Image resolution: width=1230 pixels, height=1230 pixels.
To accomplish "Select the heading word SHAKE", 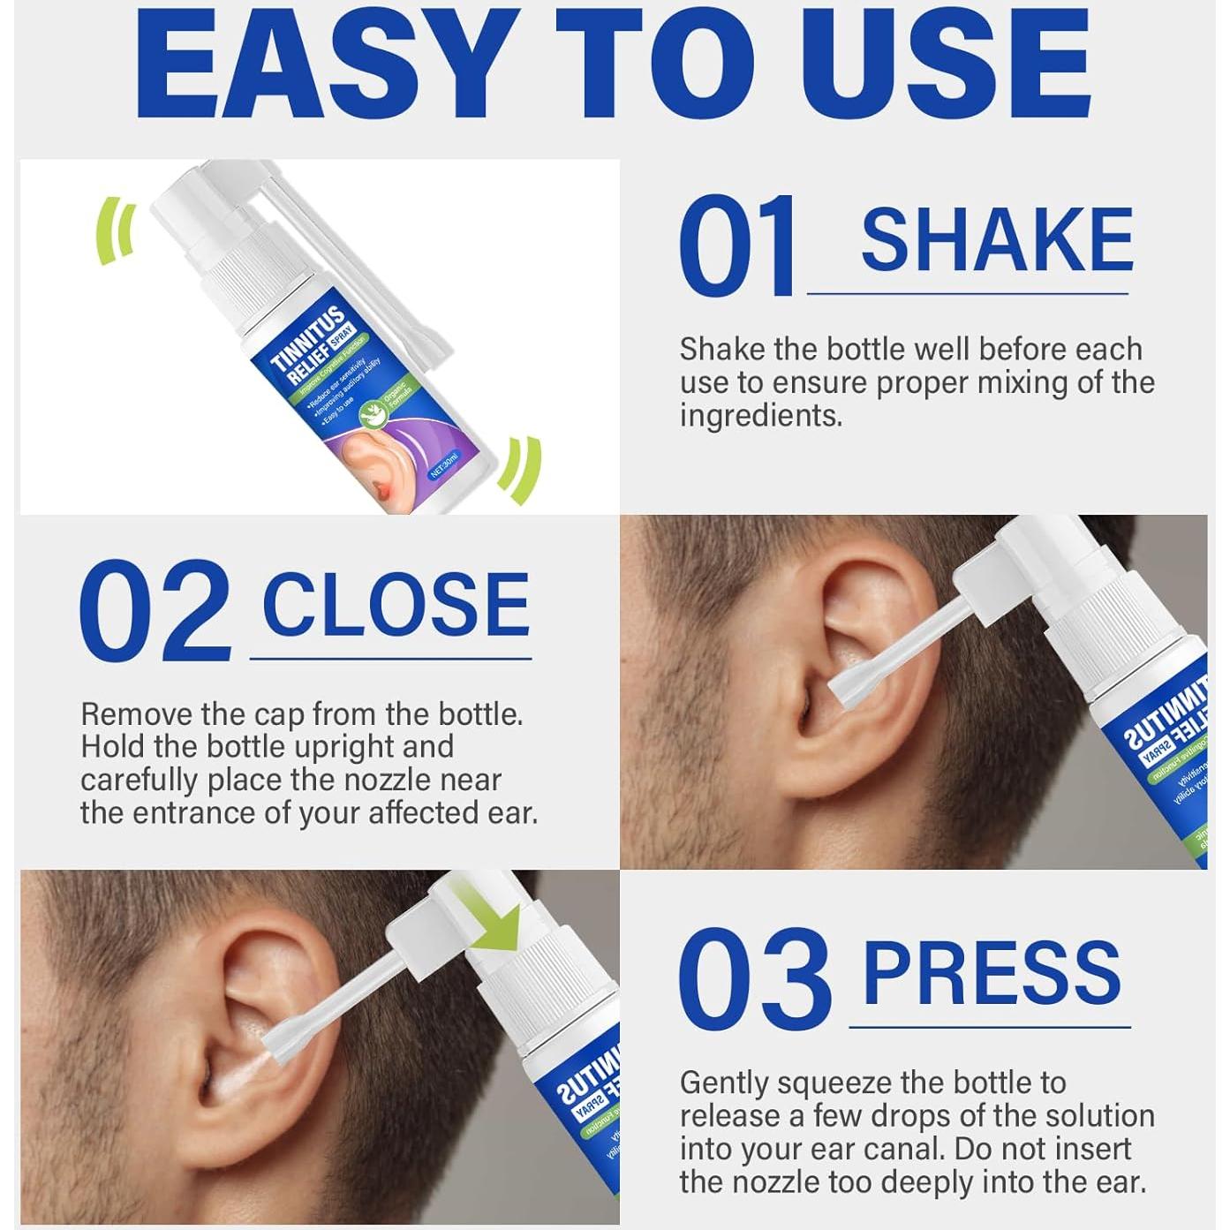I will pyautogui.click(x=997, y=240).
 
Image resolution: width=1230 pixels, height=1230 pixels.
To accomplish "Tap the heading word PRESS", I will pyautogui.click(x=992, y=971).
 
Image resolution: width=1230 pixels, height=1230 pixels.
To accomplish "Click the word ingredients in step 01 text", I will pyautogui.click(x=760, y=416).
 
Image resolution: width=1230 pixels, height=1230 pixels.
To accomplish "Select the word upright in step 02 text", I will pyautogui.click(x=344, y=747).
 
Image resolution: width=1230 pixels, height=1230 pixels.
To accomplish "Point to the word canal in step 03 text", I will pyautogui.click(x=898, y=1149).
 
